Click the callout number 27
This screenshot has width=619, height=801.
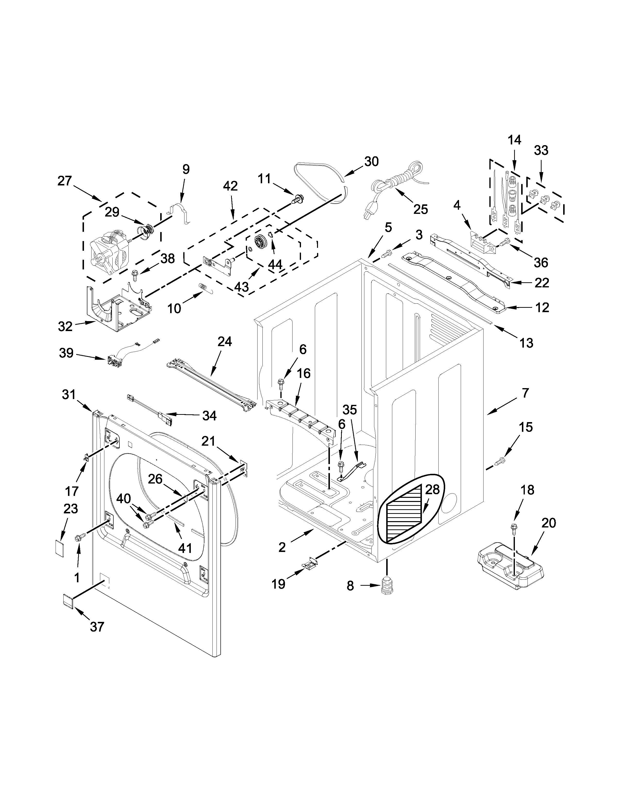click(x=65, y=181)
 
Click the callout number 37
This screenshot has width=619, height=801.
click(x=97, y=626)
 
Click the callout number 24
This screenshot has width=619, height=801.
click(x=225, y=342)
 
